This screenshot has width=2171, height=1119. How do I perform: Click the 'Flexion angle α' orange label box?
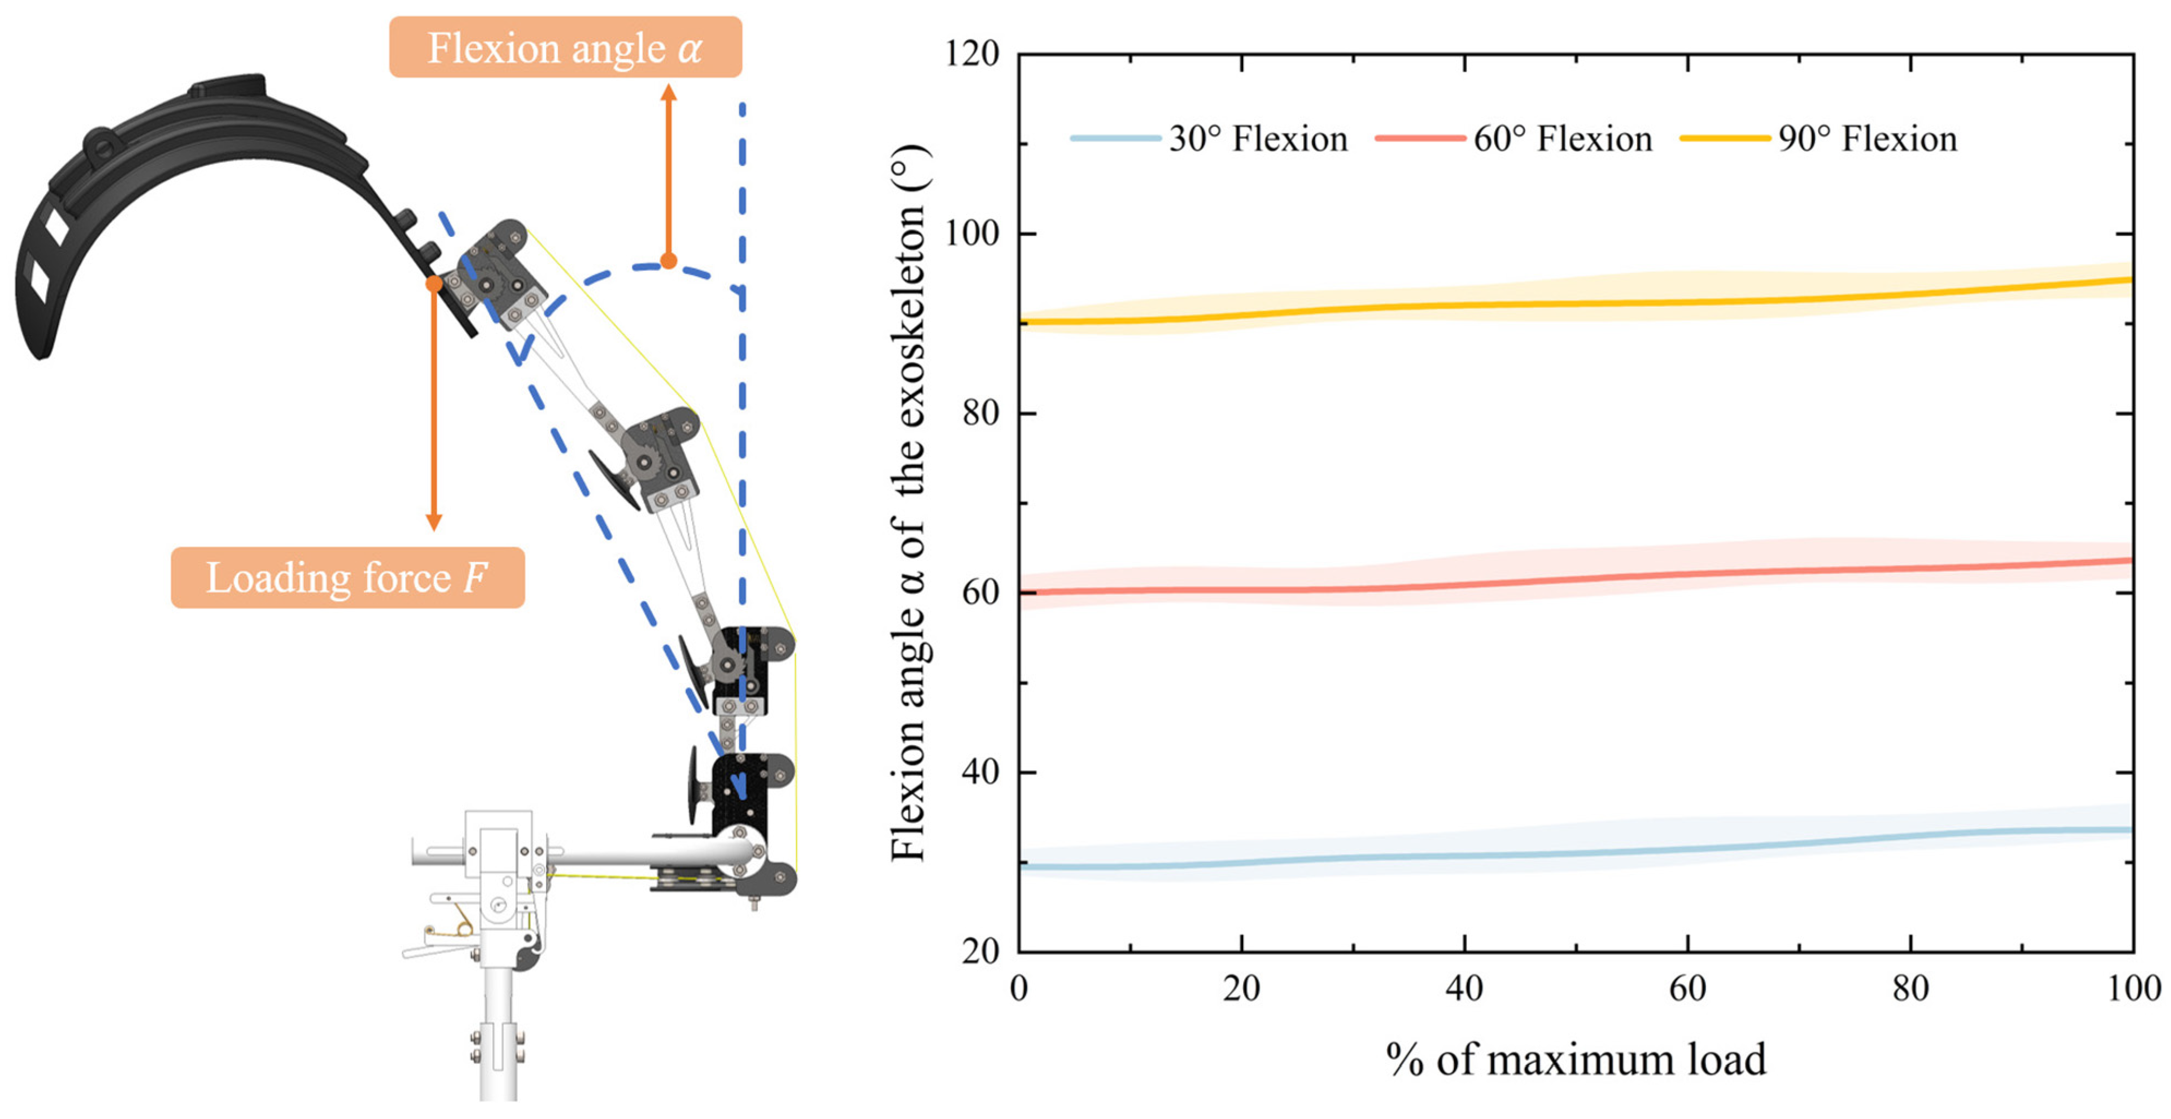[564, 47]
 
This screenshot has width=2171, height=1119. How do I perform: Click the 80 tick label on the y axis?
[980, 413]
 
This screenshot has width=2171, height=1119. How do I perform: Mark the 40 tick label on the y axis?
[980, 772]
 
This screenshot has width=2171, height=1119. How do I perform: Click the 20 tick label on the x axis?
[1241, 988]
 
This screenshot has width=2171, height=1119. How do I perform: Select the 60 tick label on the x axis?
[1687, 988]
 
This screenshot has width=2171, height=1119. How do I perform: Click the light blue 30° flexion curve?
[1576, 853]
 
